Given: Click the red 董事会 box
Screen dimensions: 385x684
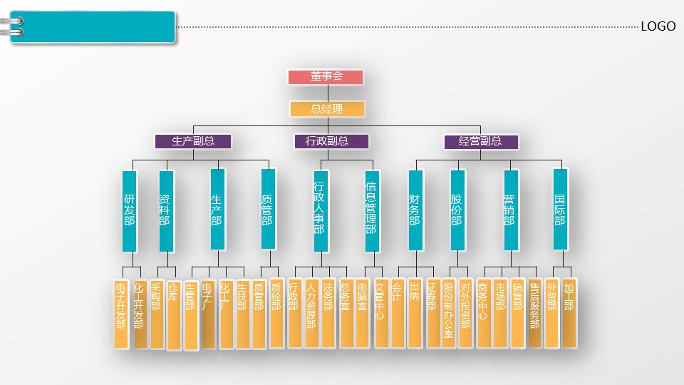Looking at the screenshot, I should coord(326,77).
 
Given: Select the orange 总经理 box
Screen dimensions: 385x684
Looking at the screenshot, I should coord(327,109).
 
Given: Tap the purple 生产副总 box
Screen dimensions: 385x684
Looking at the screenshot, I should coord(193,141).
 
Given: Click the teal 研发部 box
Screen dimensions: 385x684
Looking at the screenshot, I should coord(129,210).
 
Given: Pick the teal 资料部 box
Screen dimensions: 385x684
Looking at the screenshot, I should coord(165,210).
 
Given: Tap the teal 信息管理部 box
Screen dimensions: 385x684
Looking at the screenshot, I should coord(370,210).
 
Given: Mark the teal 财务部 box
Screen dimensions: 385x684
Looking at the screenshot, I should coord(415,210).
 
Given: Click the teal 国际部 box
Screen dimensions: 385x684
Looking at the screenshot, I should coord(560,210).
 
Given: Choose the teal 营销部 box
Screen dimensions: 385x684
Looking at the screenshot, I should coord(509,210).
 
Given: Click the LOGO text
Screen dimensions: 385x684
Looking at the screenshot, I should coord(658,26).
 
